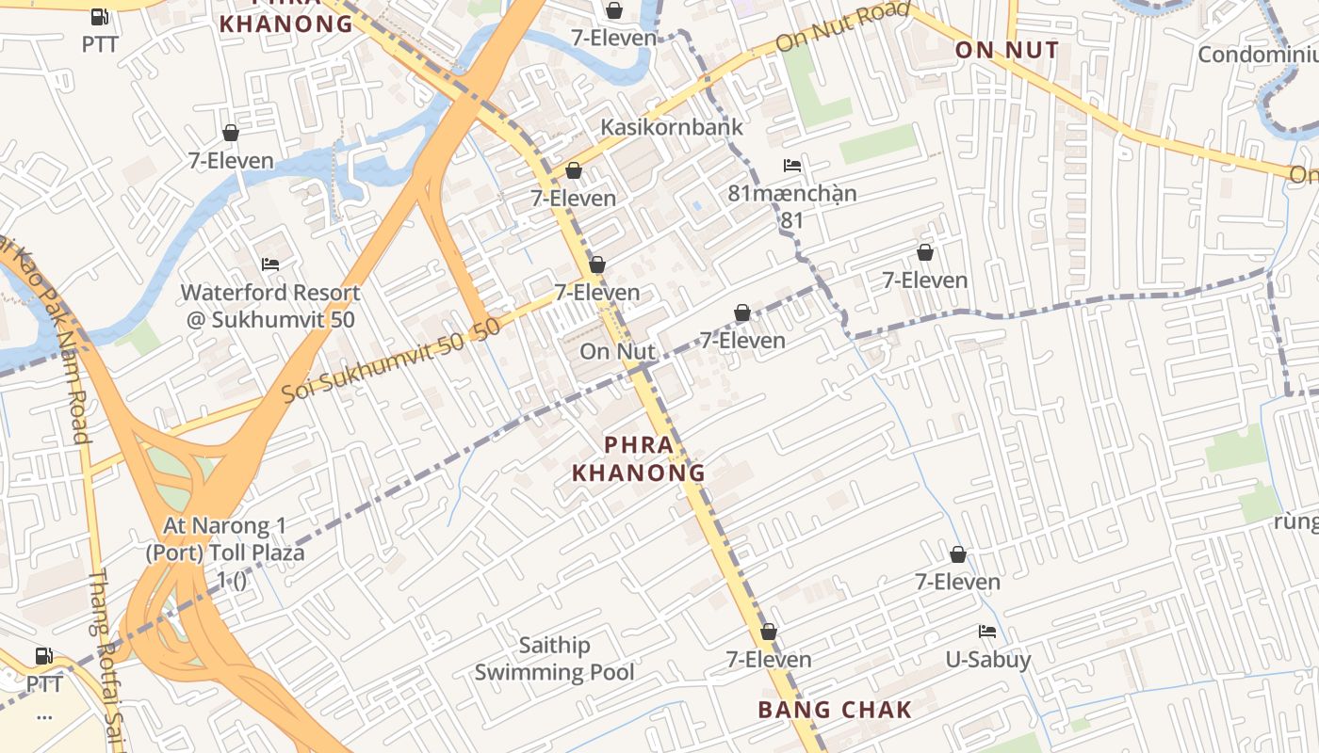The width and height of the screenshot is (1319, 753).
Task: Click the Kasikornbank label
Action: pos(672,127)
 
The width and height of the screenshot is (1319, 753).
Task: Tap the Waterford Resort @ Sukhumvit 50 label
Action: pos(270,306)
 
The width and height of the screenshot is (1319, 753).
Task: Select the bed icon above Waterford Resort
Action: pos(270,264)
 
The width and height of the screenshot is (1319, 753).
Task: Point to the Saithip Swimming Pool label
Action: pos(554,659)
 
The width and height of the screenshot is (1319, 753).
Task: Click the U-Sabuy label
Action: pos(988,659)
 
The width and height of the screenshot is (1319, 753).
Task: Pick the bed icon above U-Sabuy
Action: pos(987,632)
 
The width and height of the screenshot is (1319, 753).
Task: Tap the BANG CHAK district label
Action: pos(835,710)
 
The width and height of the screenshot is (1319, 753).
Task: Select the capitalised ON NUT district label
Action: pos(1007,50)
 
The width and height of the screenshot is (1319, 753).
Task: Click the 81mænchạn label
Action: pos(792,194)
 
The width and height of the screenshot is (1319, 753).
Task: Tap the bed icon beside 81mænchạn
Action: pos(792,166)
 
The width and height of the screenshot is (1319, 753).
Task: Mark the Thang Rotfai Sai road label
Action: pos(106,659)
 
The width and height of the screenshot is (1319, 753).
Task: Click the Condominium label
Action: pos(1258,55)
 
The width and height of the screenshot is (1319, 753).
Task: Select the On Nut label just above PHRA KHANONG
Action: pos(617,352)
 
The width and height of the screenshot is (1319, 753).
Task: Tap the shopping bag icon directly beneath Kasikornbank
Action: pos(573,170)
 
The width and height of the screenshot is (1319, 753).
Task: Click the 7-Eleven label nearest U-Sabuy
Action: pos(958,582)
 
